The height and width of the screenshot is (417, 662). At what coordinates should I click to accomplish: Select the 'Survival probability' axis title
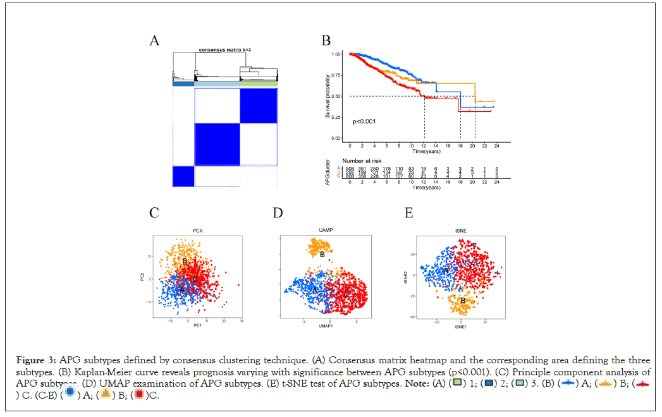coord(328,95)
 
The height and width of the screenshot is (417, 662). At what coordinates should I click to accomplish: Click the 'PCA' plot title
coord(197,230)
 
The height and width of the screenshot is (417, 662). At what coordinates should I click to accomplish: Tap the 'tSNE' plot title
coord(458,230)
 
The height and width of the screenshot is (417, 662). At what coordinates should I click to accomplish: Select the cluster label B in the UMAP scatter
coord(322,255)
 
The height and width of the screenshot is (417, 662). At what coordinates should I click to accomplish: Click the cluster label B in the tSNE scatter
coord(463,300)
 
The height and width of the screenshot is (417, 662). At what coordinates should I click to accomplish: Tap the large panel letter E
coord(409,212)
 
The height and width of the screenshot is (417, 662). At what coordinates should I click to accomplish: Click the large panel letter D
coord(278,212)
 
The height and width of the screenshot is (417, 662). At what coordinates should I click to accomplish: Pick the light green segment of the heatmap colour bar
coord(259,84)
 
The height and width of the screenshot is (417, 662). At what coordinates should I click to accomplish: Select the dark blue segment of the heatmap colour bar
coord(183,84)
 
